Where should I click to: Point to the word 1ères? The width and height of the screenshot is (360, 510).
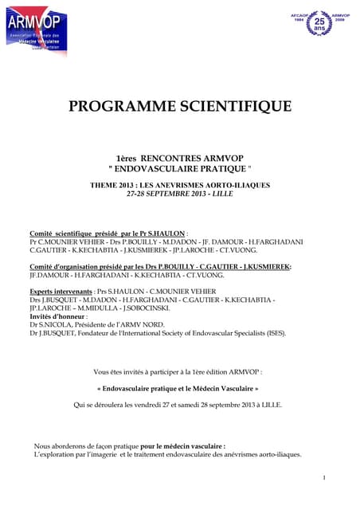click(128, 159)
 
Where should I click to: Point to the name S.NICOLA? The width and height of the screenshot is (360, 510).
click(57, 324)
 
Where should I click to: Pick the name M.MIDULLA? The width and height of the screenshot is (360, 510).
click(100, 308)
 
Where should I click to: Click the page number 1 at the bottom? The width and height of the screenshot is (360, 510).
click(324, 477)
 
